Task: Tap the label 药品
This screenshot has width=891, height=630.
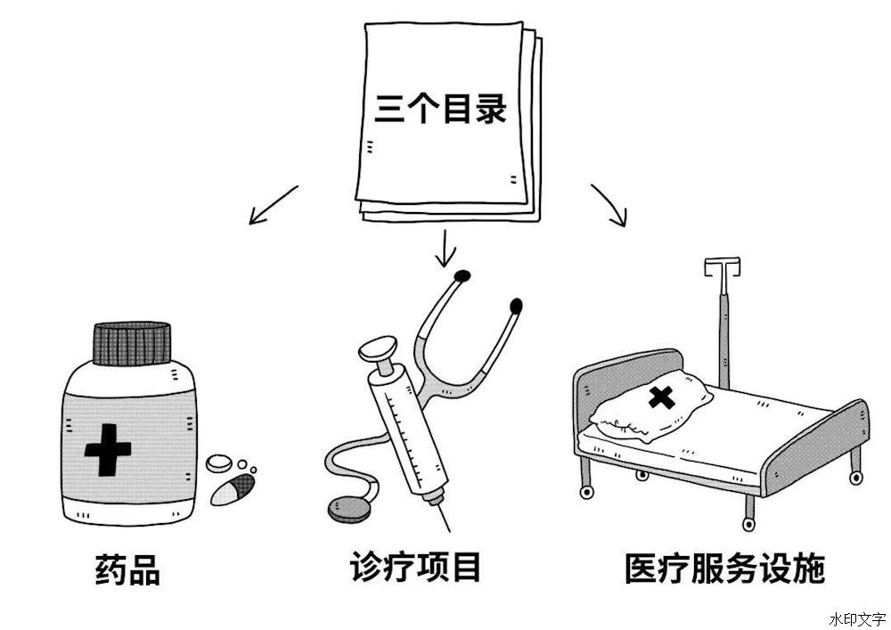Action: coord(127,570)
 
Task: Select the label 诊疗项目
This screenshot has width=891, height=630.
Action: coord(416,566)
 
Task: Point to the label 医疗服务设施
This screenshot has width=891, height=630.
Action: coord(724,569)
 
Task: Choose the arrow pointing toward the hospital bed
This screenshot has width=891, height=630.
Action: coord(610,204)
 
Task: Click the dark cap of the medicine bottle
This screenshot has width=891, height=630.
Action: coord(132,342)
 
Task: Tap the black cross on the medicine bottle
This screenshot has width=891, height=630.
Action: coord(108,450)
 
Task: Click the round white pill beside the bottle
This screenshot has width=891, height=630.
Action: coord(219,462)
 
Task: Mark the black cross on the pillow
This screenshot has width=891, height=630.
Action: coord(660,397)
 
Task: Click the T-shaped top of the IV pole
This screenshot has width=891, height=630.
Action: coord(721,266)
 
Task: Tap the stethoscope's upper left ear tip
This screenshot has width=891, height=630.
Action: coord(462,275)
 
